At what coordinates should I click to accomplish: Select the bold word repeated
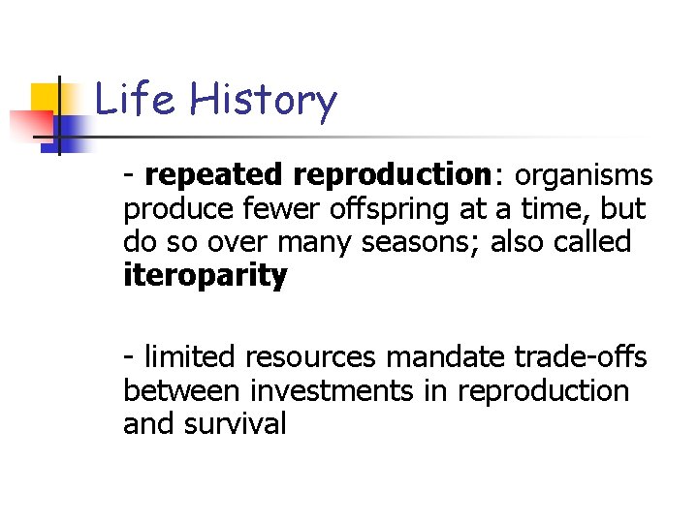[x=215, y=175]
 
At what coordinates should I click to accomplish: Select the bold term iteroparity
[x=205, y=276]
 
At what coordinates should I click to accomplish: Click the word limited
[x=190, y=358]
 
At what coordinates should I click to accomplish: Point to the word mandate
[x=443, y=358]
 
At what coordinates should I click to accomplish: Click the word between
[x=182, y=391]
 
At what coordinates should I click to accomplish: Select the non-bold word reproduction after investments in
[x=543, y=392]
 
